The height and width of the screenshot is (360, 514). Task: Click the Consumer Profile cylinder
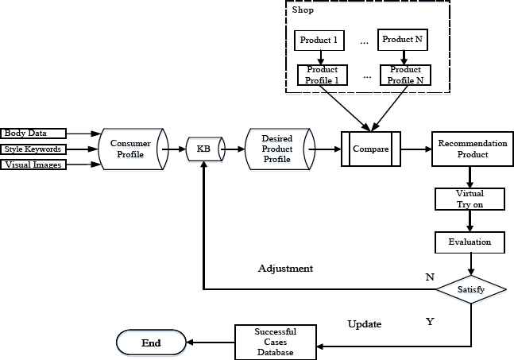pyautogui.click(x=129, y=148)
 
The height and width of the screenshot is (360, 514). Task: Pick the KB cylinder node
pyautogui.click(x=203, y=148)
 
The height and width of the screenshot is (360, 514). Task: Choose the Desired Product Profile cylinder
pyautogui.click(x=276, y=149)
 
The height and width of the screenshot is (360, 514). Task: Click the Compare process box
pyautogui.click(x=370, y=149)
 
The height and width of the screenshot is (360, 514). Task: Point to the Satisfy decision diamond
pyautogui.click(x=470, y=290)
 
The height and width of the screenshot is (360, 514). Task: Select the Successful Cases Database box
pyautogui.click(x=274, y=342)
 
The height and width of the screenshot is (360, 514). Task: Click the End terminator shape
pyautogui.click(x=151, y=343)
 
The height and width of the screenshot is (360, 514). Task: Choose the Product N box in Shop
pyautogui.click(x=403, y=39)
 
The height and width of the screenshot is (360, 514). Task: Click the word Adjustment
pyautogui.click(x=285, y=269)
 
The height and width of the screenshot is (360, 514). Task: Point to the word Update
pyautogui.click(x=365, y=324)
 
